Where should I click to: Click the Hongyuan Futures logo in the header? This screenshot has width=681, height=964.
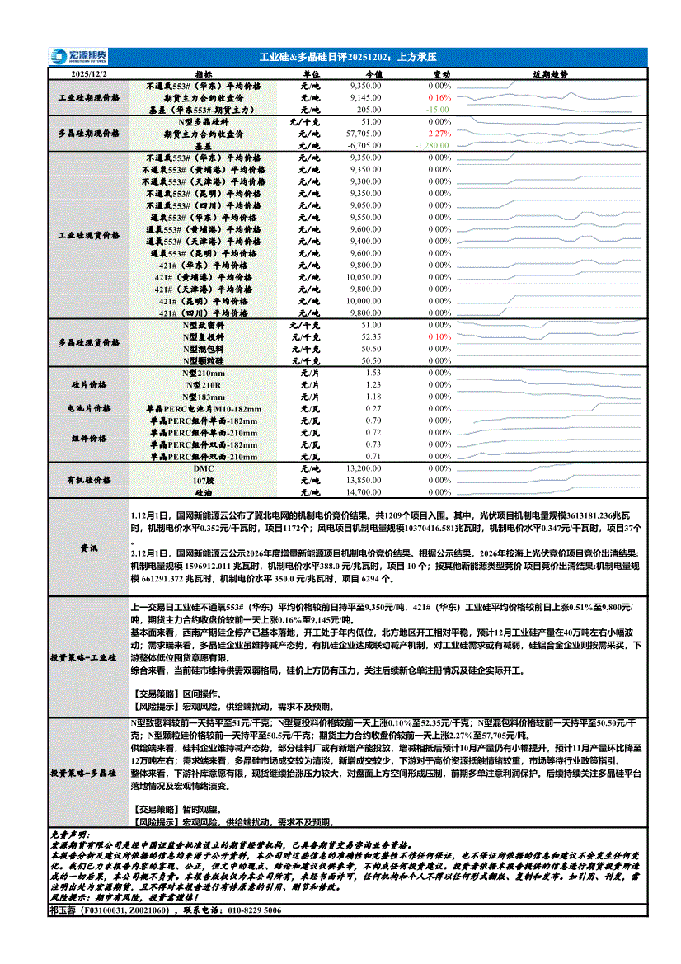77,57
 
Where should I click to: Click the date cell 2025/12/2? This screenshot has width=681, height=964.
88,74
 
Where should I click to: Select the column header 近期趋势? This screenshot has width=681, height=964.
549,74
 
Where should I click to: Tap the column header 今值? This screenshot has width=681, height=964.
373,74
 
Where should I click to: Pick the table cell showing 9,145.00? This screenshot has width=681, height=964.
365,97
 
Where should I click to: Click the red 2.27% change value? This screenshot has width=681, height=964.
441,134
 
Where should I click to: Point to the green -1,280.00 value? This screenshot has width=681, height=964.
433,145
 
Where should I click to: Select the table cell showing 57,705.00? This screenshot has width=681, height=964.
364,134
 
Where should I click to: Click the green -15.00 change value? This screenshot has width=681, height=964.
437,110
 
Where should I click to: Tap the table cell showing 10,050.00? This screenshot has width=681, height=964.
364,278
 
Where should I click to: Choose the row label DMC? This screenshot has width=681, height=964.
204,468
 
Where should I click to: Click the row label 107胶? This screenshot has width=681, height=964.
204,480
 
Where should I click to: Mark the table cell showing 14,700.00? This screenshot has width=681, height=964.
364,492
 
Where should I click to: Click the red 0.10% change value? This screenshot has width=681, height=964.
441,337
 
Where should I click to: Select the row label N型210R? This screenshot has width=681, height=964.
204,385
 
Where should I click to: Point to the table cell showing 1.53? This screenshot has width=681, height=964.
373,374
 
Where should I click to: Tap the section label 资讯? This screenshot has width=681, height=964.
88,548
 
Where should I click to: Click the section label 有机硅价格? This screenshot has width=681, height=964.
88,480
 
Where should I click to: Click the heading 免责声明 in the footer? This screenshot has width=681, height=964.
73,836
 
